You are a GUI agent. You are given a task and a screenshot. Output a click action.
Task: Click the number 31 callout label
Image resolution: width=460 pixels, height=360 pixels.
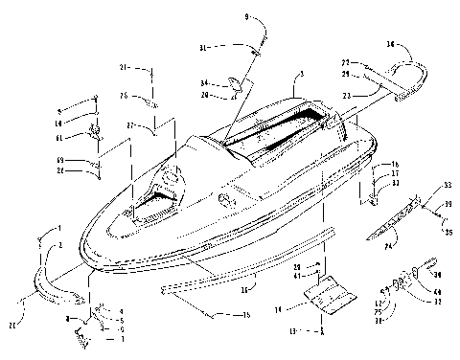[x=205, y=47]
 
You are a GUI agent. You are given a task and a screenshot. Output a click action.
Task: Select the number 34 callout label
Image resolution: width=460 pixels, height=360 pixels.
[x=205, y=82]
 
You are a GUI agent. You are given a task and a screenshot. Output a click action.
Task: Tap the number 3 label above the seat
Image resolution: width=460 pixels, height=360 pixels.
[x=301, y=74]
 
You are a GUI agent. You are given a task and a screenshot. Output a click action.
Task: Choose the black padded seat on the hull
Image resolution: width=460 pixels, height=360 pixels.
[x=273, y=129]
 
